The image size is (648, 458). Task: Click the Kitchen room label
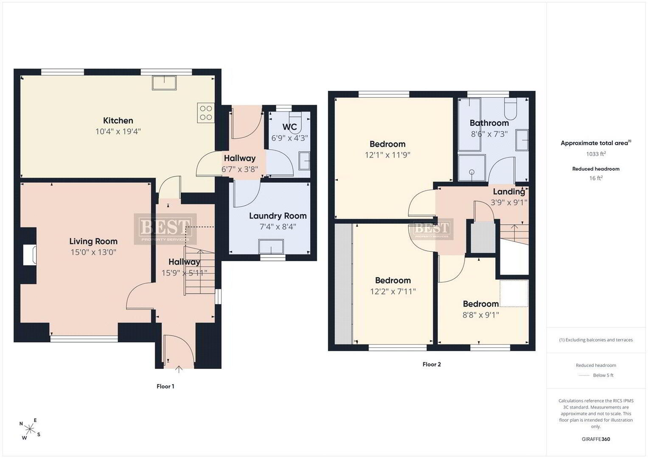[x=118, y=120]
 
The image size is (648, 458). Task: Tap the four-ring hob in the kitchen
[x=206, y=113]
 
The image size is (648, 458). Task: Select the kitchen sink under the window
[x=164, y=83]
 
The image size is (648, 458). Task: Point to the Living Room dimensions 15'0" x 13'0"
[x=93, y=252]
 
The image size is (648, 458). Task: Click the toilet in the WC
[x=295, y=122]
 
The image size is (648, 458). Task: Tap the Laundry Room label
[x=278, y=216]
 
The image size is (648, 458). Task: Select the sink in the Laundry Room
[x=271, y=247]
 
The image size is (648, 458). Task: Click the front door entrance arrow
[x=179, y=369]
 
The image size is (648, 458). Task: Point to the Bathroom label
[x=489, y=123]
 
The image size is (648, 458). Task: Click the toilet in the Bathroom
[x=511, y=109]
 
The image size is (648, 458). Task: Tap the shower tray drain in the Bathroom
[x=472, y=172]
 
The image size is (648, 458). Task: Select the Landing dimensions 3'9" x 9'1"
[x=509, y=202]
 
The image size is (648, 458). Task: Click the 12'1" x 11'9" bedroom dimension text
[x=387, y=155]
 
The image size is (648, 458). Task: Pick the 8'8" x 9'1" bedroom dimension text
[x=481, y=315]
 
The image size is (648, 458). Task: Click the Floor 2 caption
[x=432, y=364]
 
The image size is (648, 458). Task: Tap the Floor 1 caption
[x=166, y=386]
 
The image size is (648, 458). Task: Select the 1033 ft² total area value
[x=596, y=154]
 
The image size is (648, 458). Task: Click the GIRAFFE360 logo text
[x=596, y=439]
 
